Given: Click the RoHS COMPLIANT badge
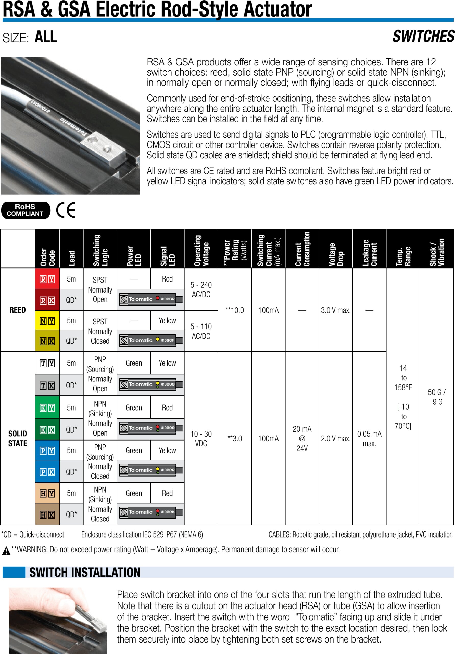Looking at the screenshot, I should click(x=26, y=210).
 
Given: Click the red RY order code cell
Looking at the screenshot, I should click(x=47, y=279).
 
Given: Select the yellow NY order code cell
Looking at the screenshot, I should click(x=47, y=321).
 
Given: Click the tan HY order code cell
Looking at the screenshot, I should click(x=47, y=493).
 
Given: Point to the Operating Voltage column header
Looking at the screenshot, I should click(x=201, y=249).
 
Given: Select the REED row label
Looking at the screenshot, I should click(x=18, y=310).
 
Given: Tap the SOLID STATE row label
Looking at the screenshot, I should click(x=18, y=438).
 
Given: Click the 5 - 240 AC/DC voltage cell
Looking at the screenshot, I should click(x=201, y=289).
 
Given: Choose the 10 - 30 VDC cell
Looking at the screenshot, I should click(x=201, y=438).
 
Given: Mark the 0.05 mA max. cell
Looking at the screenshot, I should click(x=369, y=438).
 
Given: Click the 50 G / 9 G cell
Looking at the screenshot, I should click(x=437, y=397).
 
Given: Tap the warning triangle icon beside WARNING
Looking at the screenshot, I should click(x=6, y=551).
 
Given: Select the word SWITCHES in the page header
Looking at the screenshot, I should click(x=423, y=37).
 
